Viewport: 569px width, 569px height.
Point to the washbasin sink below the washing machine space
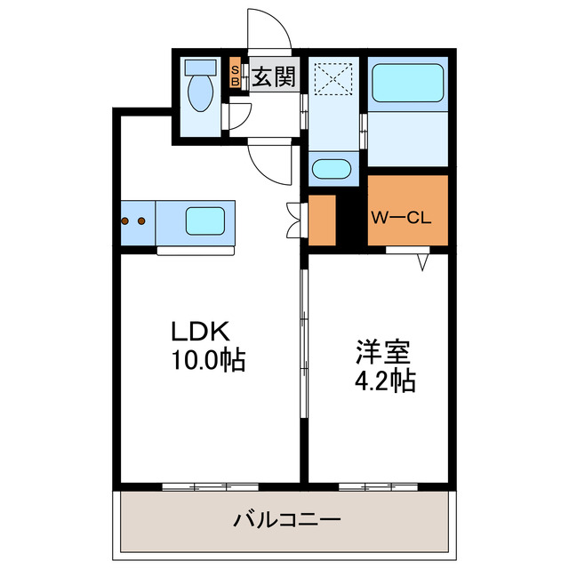click(x=333, y=168)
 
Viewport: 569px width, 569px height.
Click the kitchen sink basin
click(x=204, y=220)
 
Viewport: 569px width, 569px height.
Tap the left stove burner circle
click(x=126, y=220)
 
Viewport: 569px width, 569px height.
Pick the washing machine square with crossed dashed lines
click(x=333, y=77)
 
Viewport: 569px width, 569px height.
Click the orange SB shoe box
click(x=235, y=76)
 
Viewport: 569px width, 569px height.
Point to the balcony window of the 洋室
click(x=377, y=486)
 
